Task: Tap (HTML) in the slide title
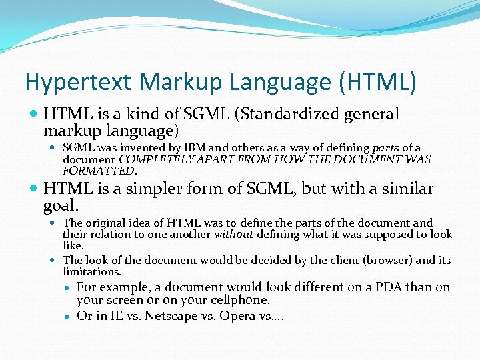point(378,83)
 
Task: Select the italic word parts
point(385,148)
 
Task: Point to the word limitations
point(92,271)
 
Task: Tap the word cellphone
point(238,300)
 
